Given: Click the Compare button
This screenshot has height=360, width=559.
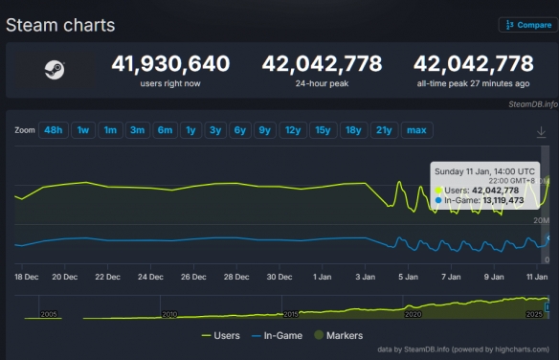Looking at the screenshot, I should (x=525, y=25).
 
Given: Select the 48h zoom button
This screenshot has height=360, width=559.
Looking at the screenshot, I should (x=53, y=129).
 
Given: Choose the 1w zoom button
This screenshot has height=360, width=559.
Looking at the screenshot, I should (x=82, y=129).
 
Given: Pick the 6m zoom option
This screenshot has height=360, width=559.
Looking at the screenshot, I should (x=165, y=129).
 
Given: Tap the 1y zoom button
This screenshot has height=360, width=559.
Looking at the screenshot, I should (x=191, y=129).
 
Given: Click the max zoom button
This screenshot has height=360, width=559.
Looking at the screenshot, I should (x=416, y=129).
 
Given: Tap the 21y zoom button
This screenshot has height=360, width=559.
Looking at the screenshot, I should (x=384, y=129).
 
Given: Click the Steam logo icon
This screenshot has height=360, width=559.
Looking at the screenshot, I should (x=53, y=69).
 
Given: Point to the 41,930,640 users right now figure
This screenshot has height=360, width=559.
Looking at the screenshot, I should (x=170, y=64).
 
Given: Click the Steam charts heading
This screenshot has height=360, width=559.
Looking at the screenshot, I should (x=60, y=25).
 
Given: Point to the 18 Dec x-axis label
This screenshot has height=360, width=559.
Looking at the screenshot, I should (x=27, y=278).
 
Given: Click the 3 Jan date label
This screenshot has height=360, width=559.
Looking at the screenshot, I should (x=365, y=278).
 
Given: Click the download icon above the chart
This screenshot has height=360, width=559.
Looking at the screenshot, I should (x=542, y=131).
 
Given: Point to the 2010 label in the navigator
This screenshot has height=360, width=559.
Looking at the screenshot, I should (x=170, y=314).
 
